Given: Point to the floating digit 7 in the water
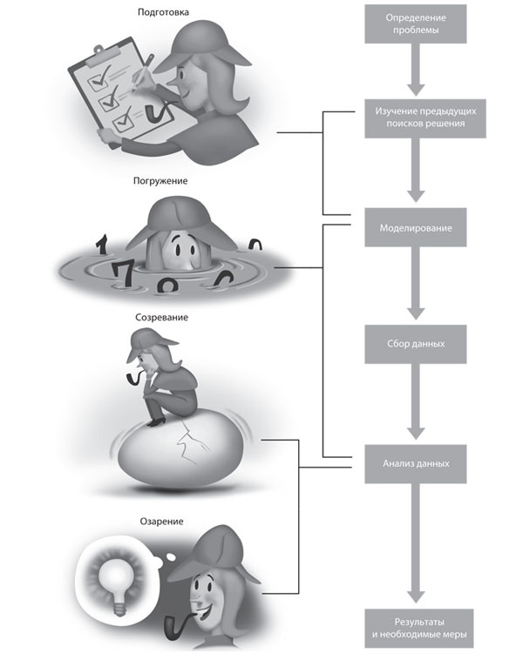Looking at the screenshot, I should [125, 273].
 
